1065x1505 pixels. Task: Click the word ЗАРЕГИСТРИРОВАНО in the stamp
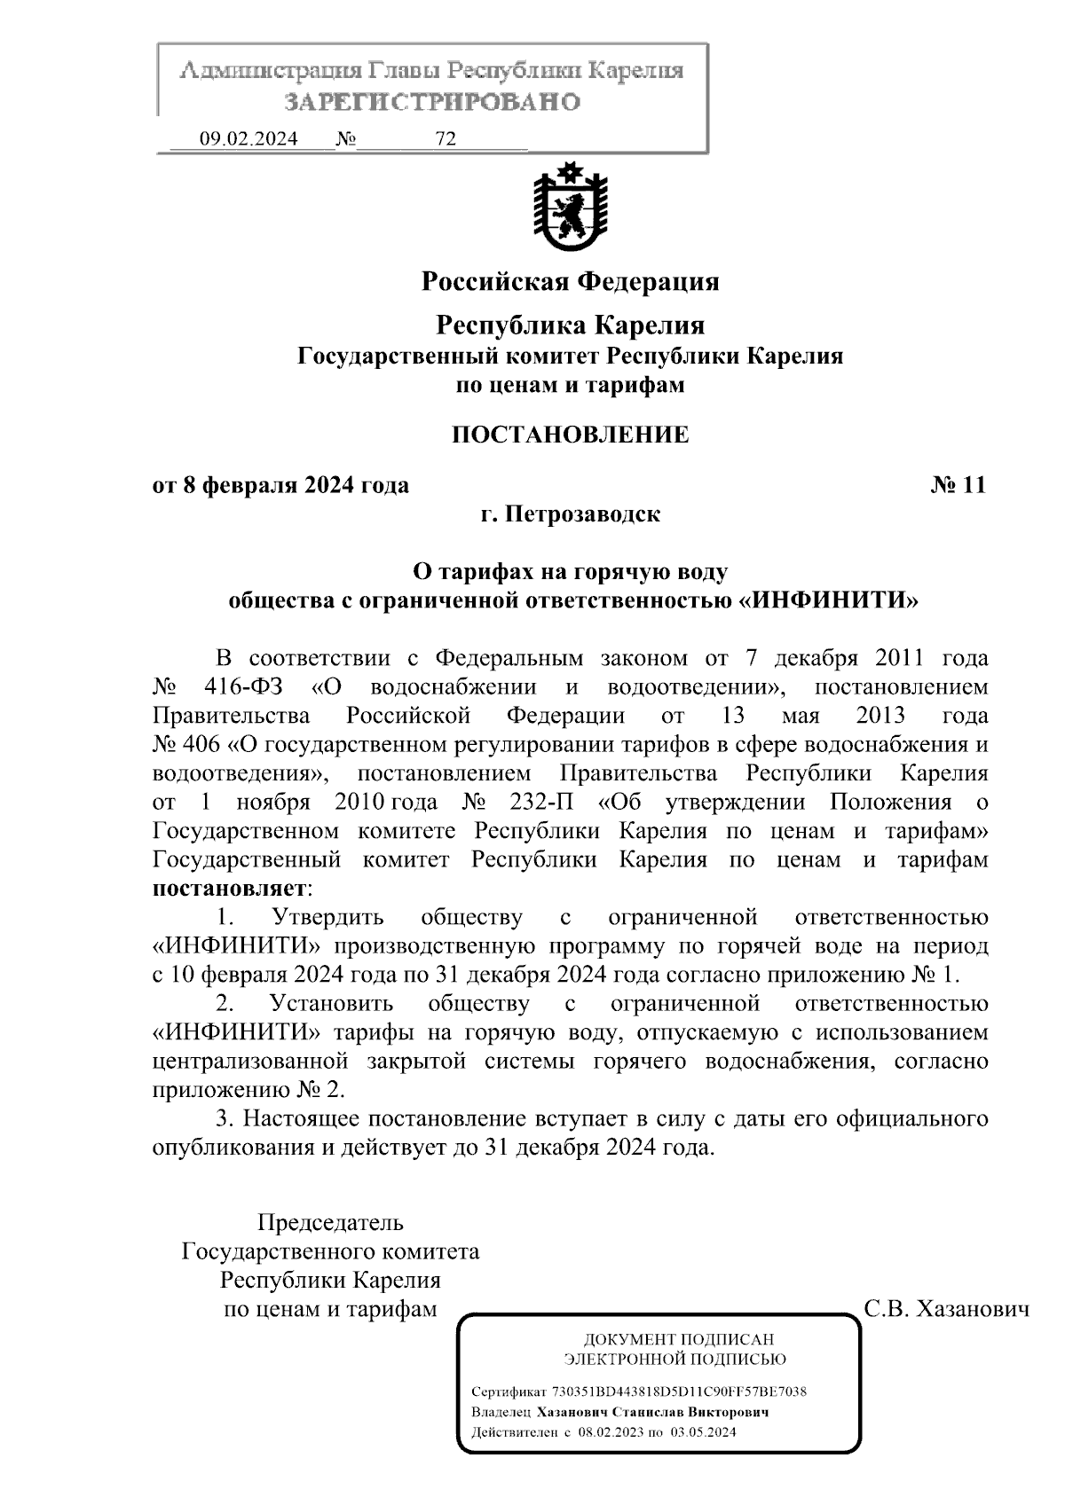tap(432, 102)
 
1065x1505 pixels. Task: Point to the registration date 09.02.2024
tap(248, 139)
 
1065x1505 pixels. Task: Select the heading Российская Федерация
tap(569, 282)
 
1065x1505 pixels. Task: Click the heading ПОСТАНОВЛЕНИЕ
tap(569, 435)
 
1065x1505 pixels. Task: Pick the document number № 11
tap(958, 485)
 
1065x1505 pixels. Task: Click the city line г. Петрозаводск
tap(569, 514)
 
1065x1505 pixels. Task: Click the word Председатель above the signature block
tap(330, 1223)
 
